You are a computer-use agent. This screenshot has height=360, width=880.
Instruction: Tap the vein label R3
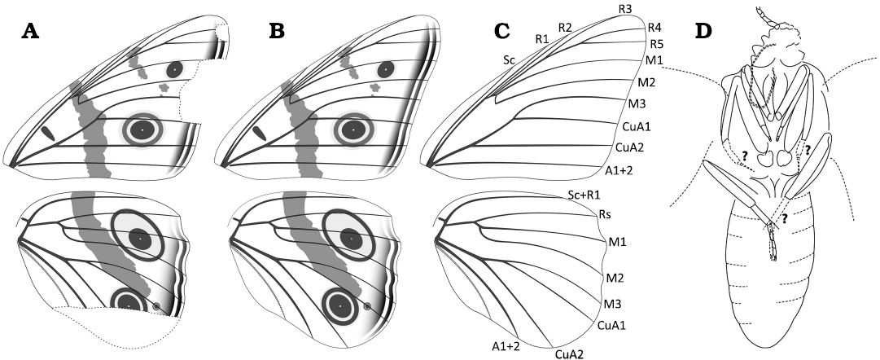point(626,8)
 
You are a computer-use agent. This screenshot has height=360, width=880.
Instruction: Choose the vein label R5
point(657,43)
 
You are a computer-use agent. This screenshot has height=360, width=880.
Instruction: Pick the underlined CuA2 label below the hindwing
point(569,353)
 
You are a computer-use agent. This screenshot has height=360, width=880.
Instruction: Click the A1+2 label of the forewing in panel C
point(620,169)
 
